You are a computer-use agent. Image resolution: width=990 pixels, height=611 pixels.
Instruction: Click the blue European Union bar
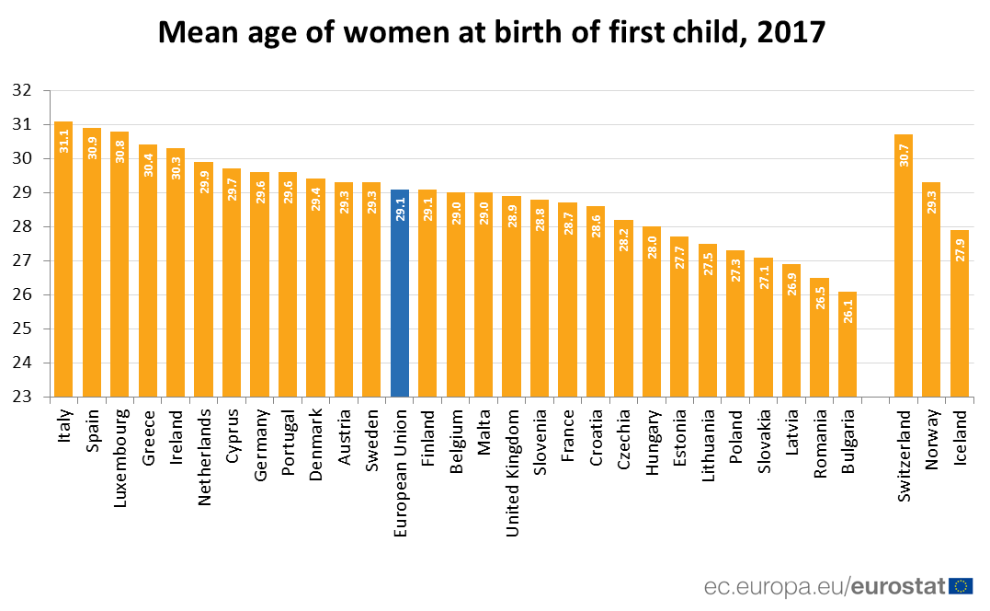[400, 294]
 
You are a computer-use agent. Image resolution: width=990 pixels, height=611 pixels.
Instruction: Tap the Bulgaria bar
[848, 345]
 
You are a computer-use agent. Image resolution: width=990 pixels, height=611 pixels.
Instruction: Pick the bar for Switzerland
[904, 267]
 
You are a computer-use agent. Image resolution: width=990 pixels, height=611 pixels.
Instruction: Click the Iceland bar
[960, 313]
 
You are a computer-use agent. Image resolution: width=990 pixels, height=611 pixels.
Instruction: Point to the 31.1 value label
[64, 141]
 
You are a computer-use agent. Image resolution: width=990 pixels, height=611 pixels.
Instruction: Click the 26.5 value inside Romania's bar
[820, 296]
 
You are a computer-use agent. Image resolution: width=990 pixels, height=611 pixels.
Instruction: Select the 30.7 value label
[905, 154]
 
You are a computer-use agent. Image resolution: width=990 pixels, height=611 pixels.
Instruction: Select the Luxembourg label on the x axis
[120, 452]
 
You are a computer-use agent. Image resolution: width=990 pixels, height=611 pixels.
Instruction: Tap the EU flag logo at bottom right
[962, 586]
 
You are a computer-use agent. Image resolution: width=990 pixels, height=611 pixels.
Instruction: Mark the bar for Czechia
[623, 308]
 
